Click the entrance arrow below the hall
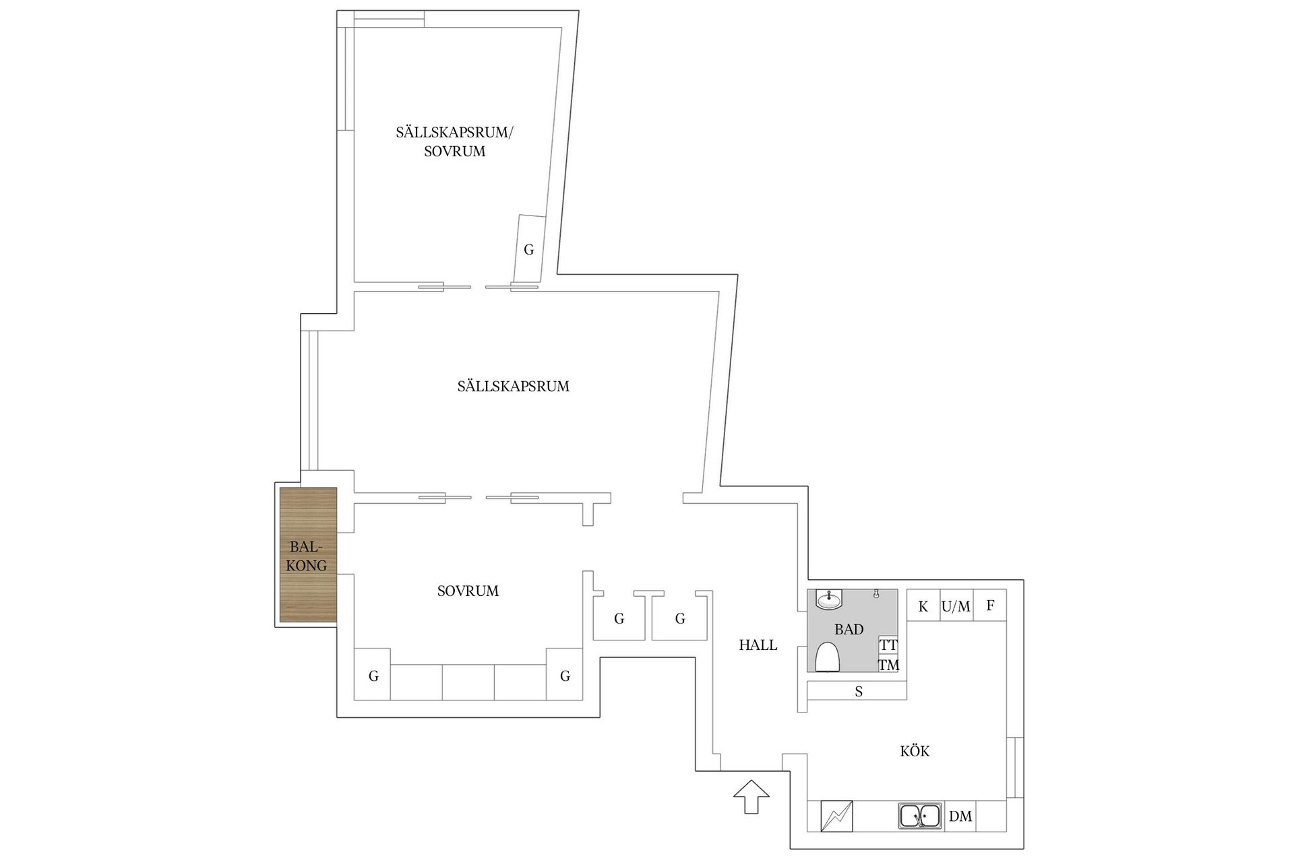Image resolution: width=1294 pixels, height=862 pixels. pos(751,797)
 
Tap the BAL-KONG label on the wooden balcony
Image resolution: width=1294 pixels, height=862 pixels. pos(307,556)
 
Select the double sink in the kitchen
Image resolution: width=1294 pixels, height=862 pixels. pos(920,816)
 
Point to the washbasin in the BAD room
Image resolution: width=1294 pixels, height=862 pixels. pos(829,599)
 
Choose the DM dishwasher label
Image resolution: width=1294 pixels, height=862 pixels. pos(960,816)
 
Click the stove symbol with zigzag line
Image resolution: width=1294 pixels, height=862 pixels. pos(836,816)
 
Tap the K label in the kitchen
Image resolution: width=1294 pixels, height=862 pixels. pos(923,606)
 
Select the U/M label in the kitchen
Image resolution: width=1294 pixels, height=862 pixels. pos(956,606)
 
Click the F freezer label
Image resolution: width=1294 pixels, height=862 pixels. pos(990,605)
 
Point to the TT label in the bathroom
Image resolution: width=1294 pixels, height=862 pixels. pos(889,644)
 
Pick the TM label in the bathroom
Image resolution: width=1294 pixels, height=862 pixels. pos(889,665)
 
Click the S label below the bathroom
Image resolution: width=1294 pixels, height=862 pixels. pos(859,691)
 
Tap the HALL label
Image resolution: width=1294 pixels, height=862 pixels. pos(758,644)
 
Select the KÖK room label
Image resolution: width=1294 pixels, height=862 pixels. pos(915,750)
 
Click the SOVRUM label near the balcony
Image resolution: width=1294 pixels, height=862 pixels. pos(468,591)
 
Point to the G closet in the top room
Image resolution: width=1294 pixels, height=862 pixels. pos(528,249)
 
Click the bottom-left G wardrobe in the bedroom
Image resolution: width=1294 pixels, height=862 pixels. pos(373,675)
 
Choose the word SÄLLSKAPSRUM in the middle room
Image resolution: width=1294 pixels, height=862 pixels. pos(514,385)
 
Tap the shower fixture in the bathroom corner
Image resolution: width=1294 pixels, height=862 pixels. pos(876,593)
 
